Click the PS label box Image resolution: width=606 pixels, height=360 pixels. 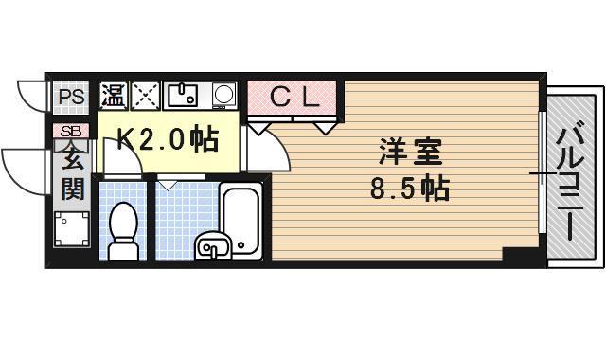point(69,96)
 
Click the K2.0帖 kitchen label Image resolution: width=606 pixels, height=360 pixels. point(167,140)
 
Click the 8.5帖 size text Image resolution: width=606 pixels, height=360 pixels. point(408,189)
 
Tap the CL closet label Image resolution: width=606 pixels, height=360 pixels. point(294,96)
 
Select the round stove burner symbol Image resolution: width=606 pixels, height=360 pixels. point(224,95)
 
